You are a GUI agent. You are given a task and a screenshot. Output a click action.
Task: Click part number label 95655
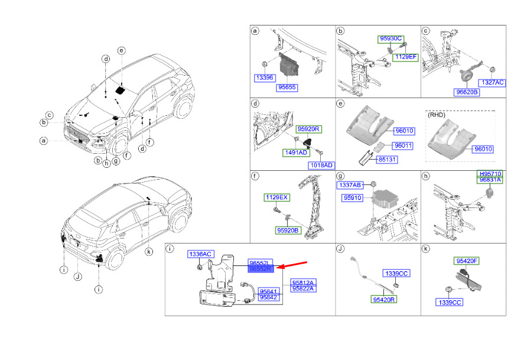click(287, 87)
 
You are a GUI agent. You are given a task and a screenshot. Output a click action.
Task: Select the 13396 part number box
click(265, 78)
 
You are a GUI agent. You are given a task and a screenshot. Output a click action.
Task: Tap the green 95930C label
click(390, 39)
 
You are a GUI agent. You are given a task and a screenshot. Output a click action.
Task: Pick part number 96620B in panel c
click(467, 92)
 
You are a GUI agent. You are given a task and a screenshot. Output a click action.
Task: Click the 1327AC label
click(492, 83)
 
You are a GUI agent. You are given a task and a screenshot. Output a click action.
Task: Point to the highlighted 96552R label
click(261, 269)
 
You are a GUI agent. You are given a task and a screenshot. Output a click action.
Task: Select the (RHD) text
click(437, 115)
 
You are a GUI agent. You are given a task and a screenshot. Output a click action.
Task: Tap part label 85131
click(387, 160)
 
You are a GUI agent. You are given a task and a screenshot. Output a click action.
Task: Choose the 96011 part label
click(403, 146)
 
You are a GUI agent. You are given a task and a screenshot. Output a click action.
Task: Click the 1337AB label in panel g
click(350, 185)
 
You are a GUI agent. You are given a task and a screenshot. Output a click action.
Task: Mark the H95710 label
click(490, 174)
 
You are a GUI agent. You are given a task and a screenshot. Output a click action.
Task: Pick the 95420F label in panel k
click(467, 261)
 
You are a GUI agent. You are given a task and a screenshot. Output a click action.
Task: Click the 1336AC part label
click(200, 254)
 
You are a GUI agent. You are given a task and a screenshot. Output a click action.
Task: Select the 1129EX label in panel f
click(276, 197)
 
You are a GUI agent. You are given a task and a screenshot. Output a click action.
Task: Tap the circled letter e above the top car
click(122, 51)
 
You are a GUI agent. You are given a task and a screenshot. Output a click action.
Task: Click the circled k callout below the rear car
click(149, 252)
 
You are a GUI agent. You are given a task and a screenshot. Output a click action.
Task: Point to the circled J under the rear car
click(78, 277)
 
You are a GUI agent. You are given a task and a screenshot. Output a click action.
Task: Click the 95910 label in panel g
click(353, 198)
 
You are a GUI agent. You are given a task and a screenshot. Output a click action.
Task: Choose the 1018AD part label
click(321, 166)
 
